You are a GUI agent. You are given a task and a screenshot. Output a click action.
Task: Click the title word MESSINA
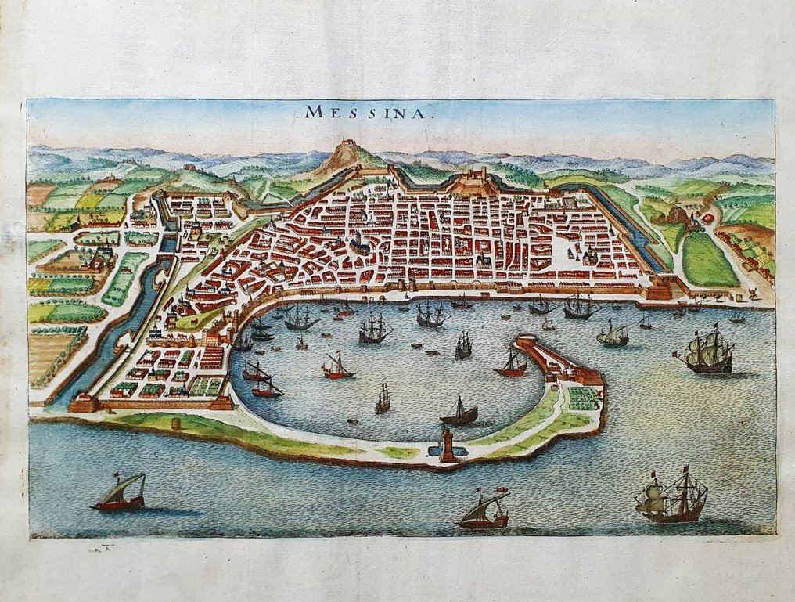pos(365,111)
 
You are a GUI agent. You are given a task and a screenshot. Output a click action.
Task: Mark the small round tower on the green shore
pos(176,424)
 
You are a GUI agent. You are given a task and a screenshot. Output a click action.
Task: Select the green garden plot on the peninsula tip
pos(581,398)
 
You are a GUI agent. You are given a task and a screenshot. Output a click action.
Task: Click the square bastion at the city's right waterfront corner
pos(660,290)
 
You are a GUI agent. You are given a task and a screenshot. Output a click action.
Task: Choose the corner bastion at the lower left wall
pos(85,402)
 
